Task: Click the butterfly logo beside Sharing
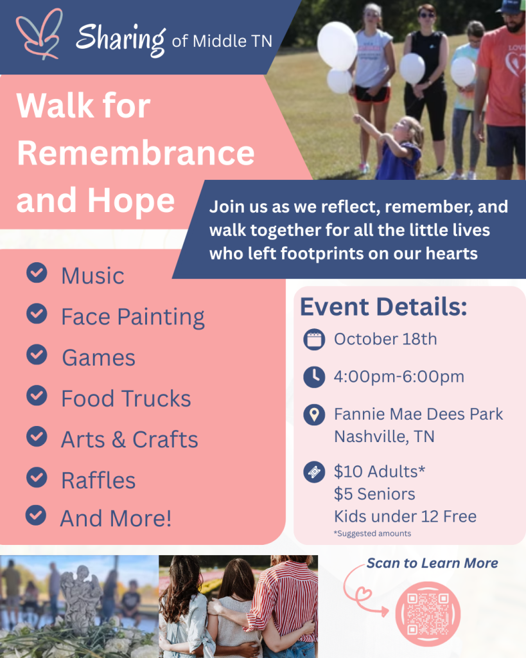pos(39,35)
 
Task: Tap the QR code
pos(428,614)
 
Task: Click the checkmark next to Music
pos(37,272)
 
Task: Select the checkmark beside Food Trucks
pos(37,396)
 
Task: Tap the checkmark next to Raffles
pos(37,477)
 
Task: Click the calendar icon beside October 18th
pos(314,339)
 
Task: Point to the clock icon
pos(314,377)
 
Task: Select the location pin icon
pos(314,414)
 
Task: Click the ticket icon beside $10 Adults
pos(314,472)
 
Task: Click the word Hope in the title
pos(131,201)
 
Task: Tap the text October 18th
pos(385,339)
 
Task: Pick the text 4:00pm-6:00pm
pos(399,377)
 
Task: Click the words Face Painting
pos(133,317)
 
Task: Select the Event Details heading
pos(383,307)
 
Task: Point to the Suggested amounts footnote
pos(373,533)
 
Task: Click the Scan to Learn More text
pos(432,563)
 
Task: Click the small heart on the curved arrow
pos(364,594)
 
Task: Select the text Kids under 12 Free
pos(405,517)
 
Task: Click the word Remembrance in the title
pos(136,153)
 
